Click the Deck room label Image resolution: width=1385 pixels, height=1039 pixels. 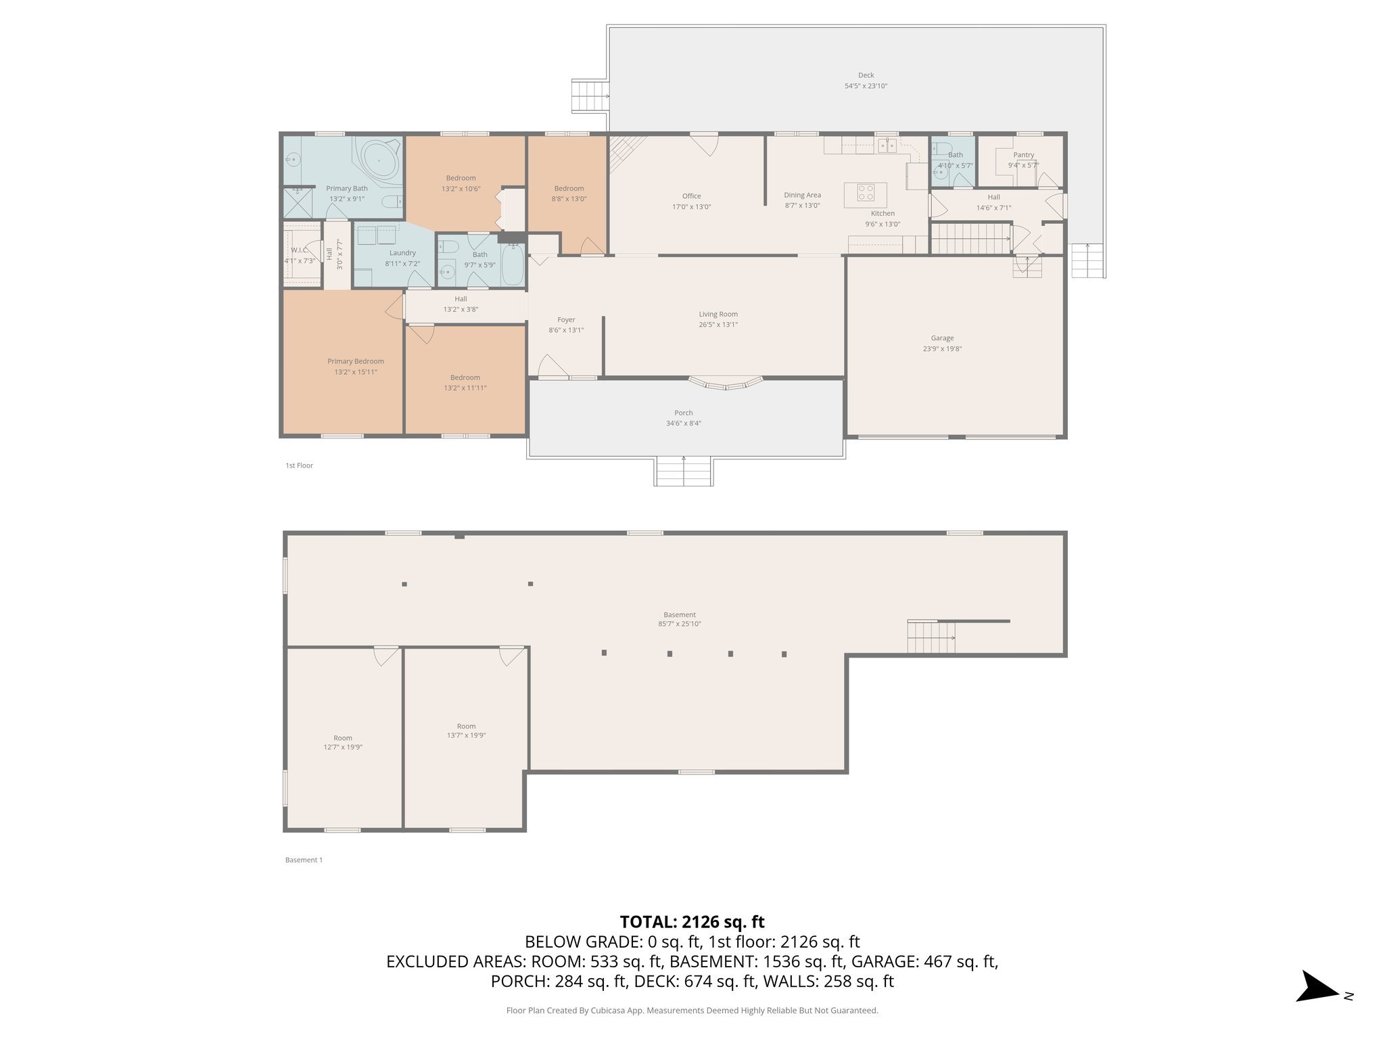(x=866, y=76)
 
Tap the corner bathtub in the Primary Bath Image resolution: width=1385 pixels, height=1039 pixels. (x=377, y=161)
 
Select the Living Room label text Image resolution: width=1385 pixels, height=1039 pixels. (x=718, y=314)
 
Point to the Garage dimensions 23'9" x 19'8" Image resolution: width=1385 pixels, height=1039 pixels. (x=942, y=349)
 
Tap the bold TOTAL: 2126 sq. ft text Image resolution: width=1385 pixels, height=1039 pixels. (x=692, y=921)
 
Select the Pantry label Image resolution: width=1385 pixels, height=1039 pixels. (x=1023, y=155)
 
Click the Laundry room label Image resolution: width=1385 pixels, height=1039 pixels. (x=402, y=253)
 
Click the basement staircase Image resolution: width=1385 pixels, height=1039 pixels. (x=931, y=637)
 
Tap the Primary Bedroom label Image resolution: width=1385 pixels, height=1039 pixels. (x=356, y=361)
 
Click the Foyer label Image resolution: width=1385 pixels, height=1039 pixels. (x=566, y=320)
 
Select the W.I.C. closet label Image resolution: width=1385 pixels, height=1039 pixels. (x=300, y=250)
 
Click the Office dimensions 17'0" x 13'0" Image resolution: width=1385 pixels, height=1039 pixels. (x=691, y=207)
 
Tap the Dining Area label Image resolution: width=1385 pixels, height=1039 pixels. (x=802, y=195)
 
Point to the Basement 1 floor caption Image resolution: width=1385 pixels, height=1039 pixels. (x=304, y=860)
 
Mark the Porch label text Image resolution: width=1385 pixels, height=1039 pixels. (x=683, y=413)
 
